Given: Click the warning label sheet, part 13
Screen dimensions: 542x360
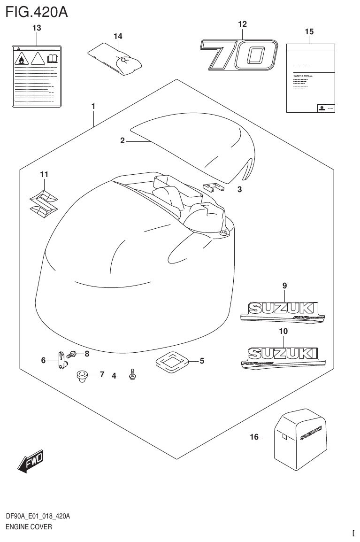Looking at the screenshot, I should [37, 76].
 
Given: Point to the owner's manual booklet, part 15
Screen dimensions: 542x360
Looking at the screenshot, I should [310, 78].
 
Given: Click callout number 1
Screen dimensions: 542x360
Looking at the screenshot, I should [93, 107].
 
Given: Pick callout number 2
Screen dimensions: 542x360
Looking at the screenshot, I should [122, 140].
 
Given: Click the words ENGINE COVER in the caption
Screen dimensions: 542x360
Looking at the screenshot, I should [29, 527].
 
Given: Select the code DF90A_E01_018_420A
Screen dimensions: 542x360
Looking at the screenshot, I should [38, 516].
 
